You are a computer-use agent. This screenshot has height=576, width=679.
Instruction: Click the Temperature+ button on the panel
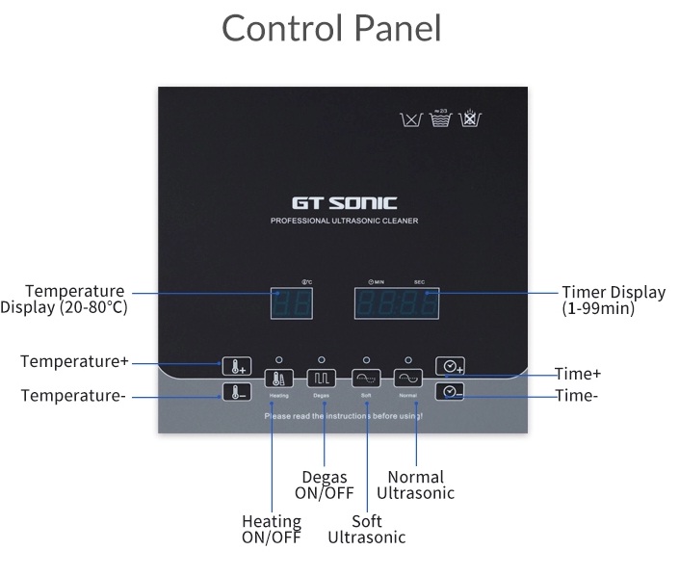pyautogui.click(x=236, y=366)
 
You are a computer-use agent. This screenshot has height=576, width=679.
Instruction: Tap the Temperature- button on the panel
pyautogui.click(x=236, y=392)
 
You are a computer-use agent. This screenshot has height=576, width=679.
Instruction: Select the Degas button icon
pyautogui.click(x=322, y=379)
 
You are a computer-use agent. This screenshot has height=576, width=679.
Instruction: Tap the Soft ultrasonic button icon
pyautogui.click(x=366, y=379)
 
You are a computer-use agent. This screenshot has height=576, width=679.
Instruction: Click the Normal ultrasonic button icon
pyautogui.click(x=408, y=379)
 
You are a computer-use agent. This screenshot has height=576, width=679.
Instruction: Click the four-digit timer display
pyautogui.click(x=398, y=304)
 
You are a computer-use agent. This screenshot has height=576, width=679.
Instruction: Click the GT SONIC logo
pyautogui.click(x=344, y=203)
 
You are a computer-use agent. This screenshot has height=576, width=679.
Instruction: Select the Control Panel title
pyautogui.click(x=332, y=28)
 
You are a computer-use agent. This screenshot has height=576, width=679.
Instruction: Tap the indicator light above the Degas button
pyautogui.click(x=322, y=359)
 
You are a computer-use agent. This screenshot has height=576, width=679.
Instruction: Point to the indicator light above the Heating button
pyautogui.click(x=278, y=359)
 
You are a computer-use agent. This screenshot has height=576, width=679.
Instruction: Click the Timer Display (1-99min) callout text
pyautogui.click(x=614, y=301)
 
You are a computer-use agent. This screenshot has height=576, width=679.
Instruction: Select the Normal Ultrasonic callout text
pyautogui.click(x=415, y=484)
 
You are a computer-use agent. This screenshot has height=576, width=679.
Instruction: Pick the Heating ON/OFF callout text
pyautogui.click(x=271, y=529)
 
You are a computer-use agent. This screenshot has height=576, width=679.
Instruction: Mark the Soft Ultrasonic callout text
pyautogui.click(x=367, y=529)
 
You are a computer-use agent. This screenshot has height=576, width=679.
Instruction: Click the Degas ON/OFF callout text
pyautogui.click(x=325, y=484)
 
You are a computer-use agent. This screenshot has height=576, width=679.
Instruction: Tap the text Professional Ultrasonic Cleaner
pyautogui.click(x=344, y=222)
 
